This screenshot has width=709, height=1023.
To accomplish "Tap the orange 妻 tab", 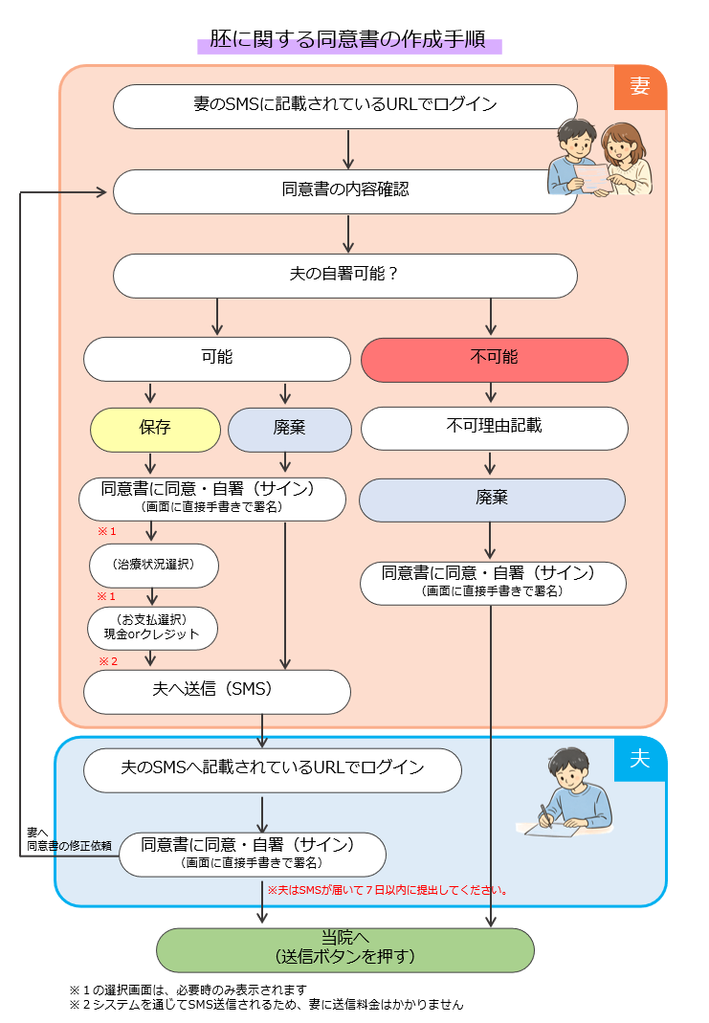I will click(x=639, y=87).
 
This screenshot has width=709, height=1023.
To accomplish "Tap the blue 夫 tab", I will click(x=639, y=759).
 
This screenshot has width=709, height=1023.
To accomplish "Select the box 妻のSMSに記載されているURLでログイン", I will click(x=344, y=105).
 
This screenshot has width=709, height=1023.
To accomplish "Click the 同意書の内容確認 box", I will click(x=344, y=190).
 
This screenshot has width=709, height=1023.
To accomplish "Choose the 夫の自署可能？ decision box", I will click(x=344, y=275).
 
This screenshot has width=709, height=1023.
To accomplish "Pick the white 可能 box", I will click(x=217, y=358).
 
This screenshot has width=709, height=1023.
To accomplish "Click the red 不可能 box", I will click(x=494, y=358).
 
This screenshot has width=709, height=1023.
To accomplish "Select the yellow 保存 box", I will click(x=155, y=428).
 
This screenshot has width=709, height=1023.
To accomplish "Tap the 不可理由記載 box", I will click(x=494, y=427).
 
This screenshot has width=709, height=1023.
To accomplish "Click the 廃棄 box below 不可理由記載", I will click(x=492, y=499).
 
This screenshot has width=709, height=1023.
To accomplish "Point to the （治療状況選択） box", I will click(x=154, y=565).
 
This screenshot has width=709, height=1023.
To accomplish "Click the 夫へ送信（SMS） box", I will click(x=216, y=691).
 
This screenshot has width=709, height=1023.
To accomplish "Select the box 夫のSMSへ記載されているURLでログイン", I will click(x=273, y=769).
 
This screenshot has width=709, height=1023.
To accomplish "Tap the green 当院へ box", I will click(x=344, y=948).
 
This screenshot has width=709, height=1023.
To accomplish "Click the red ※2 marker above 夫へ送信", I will click(x=107, y=661).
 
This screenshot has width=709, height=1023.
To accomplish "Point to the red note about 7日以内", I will click(x=387, y=890).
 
